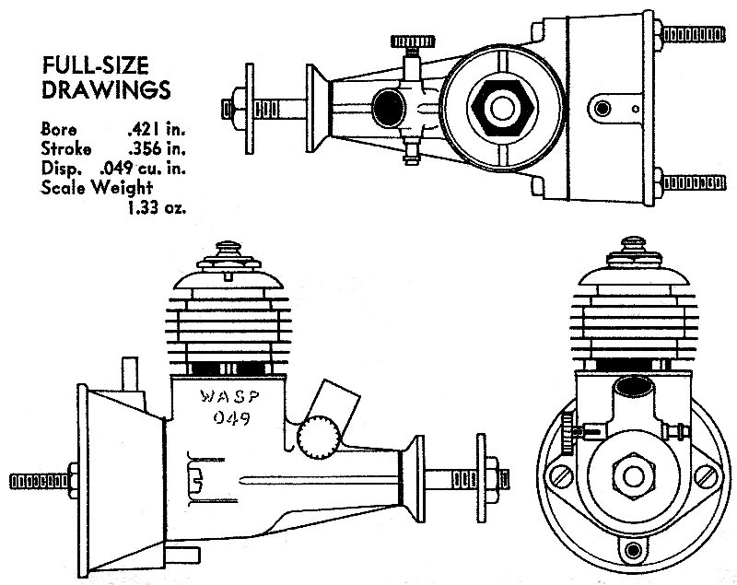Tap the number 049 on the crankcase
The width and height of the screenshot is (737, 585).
[228, 419]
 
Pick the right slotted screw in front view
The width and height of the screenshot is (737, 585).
[707, 475]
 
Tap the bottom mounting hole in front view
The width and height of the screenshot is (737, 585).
[633, 551]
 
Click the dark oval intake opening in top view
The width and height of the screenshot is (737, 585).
[388, 104]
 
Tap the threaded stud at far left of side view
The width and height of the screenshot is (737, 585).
[32, 481]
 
